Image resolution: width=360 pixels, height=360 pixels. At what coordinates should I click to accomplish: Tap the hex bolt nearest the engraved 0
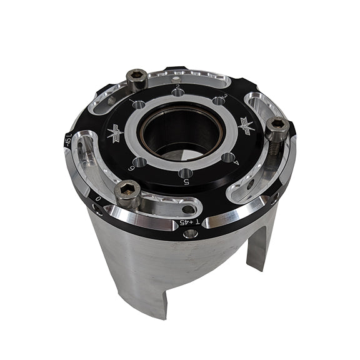127,192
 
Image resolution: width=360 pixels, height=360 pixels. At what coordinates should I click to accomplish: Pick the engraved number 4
236,161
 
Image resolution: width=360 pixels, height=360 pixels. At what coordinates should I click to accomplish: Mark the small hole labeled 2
179,93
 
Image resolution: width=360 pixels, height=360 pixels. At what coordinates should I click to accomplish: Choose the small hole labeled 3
218,101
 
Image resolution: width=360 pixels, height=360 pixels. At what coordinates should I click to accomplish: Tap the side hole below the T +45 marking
191,234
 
